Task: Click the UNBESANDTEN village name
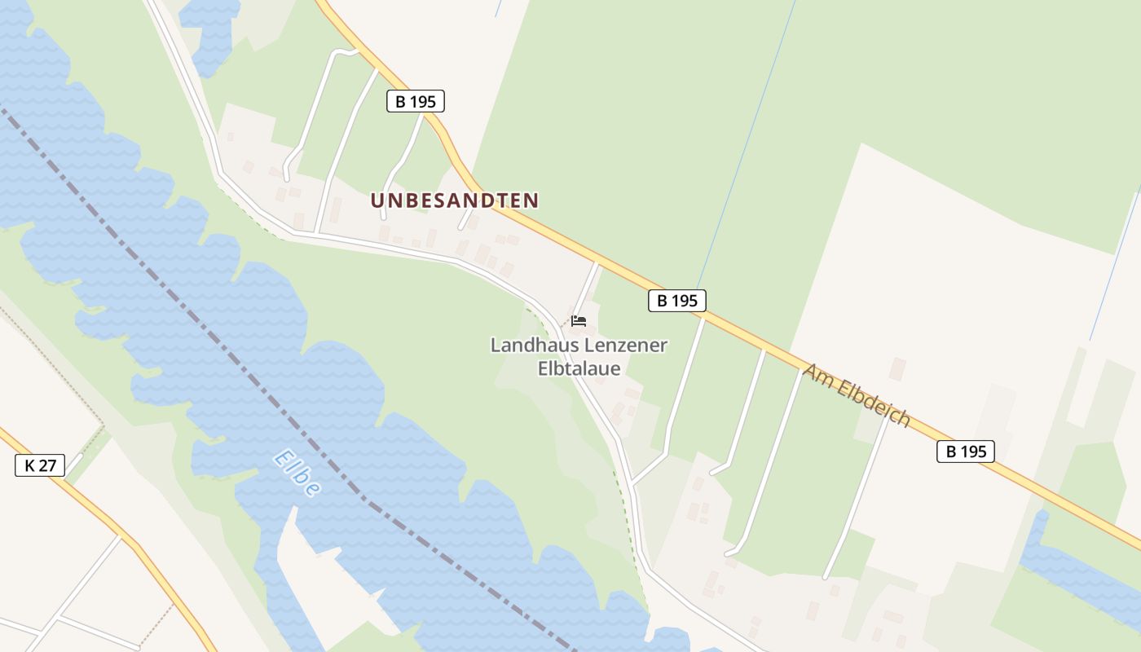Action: pyautogui.click(x=455, y=200)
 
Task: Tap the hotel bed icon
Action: pyautogui.click(x=579, y=321)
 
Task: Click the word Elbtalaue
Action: pyautogui.click(x=579, y=369)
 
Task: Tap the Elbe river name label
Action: pyautogui.click(x=297, y=473)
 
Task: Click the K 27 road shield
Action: pyautogui.click(x=40, y=466)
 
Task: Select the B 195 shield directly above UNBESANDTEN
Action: pyautogui.click(x=415, y=102)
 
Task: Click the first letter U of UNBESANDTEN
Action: pyautogui.click(x=377, y=200)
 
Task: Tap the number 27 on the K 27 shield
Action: pyautogui.click(x=48, y=466)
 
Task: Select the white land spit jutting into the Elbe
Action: pyautogui.click(x=326, y=570)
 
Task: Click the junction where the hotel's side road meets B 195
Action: pyautogui.click(x=597, y=262)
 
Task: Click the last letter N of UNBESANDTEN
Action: pyautogui.click(x=531, y=200)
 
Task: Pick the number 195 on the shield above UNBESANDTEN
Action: pyautogui.click(x=423, y=102)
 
